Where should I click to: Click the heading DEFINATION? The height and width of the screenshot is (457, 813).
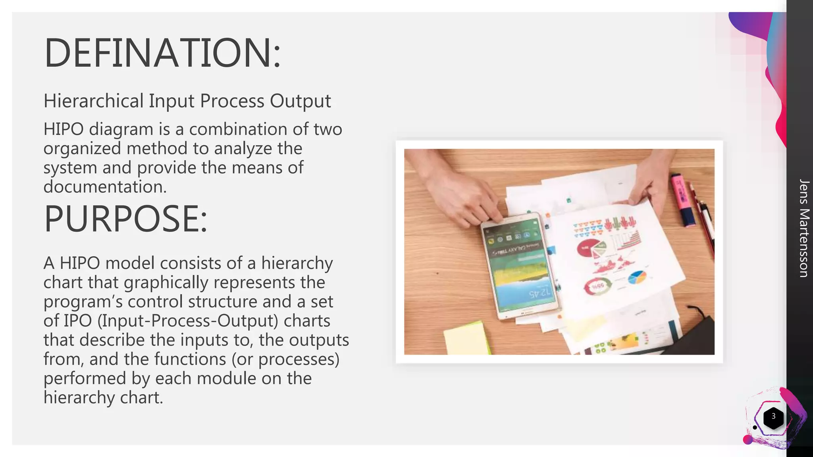(162, 53)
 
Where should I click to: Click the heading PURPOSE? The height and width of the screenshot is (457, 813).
(125, 219)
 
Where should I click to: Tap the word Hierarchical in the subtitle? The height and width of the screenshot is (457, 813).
(93, 101)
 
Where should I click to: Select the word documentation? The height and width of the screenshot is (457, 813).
(105, 187)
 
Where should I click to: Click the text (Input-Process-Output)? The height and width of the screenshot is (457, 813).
(188, 321)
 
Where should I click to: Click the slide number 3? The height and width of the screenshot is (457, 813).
(773, 417)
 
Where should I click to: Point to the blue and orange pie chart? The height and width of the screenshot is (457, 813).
(637, 277)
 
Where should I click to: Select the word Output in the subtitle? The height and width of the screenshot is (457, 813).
(300, 101)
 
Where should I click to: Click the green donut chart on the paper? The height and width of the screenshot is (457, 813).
(596, 286)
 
